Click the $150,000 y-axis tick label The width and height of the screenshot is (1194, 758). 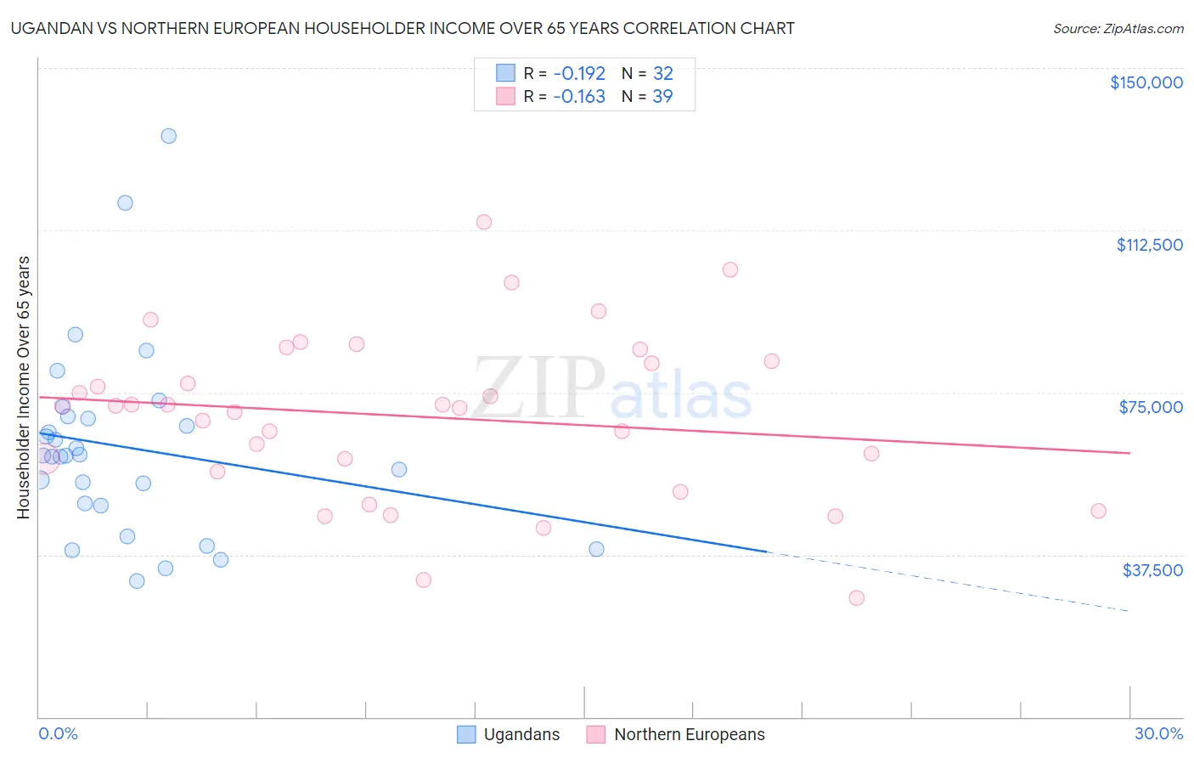[1146, 82]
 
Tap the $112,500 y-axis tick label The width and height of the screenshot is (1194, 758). [1149, 245]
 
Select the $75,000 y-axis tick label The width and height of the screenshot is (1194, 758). [1151, 407]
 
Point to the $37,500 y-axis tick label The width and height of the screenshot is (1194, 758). [1152, 570]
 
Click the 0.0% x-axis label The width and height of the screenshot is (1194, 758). [58, 733]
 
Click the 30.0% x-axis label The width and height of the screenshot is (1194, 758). [1158, 733]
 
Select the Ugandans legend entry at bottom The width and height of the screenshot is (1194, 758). [509, 734]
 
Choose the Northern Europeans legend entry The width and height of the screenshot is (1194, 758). [676, 734]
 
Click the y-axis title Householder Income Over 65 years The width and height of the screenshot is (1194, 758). [23, 387]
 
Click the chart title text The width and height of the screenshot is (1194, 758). [402, 28]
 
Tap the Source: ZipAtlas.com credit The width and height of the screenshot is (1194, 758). [1118, 29]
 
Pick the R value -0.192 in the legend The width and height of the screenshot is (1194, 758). [578, 73]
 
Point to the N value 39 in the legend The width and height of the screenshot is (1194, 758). [662, 97]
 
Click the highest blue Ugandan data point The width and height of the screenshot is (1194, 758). [168, 136]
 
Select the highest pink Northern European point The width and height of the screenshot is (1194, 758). [484, 222]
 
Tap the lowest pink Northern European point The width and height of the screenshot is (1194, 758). [856, 598]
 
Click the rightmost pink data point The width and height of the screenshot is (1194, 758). [1098, 511]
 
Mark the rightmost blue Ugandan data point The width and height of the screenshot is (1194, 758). [596, 550]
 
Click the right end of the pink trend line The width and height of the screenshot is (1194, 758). [1129, 453]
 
